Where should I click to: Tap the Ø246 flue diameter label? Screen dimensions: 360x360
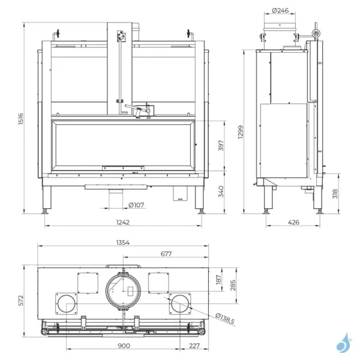[280, 10]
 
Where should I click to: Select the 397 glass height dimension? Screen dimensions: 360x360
[221, 146]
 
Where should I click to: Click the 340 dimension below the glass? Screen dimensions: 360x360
[221, 192]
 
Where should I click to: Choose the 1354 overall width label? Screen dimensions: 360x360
[123, 243]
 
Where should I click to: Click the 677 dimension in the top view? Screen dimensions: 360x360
[166, 254]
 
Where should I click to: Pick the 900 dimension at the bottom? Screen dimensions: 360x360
[123, 346]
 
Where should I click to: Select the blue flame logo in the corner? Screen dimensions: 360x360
[343, 343]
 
